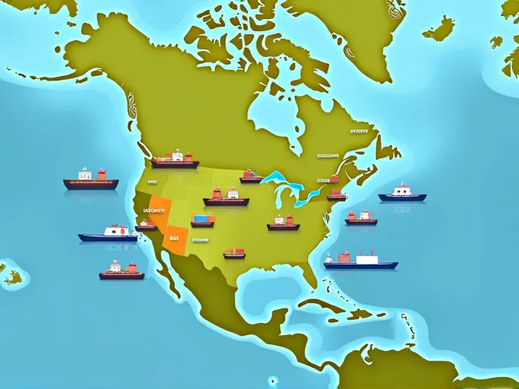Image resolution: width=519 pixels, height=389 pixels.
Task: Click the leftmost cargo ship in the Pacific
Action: click(x=90, y=182)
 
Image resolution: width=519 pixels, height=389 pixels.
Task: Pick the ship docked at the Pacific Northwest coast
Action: click(x=175, y=162)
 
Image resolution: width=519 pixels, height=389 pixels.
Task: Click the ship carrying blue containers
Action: click(x=203, y=221)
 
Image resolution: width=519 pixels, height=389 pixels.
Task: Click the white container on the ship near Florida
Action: click(x=366, y=259)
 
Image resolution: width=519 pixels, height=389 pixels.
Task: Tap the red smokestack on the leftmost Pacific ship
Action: click(x=102, y=174)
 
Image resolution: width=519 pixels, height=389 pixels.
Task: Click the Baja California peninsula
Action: click(x=170, y=273)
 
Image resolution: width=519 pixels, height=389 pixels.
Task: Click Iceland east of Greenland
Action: click(x=439, y=30)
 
